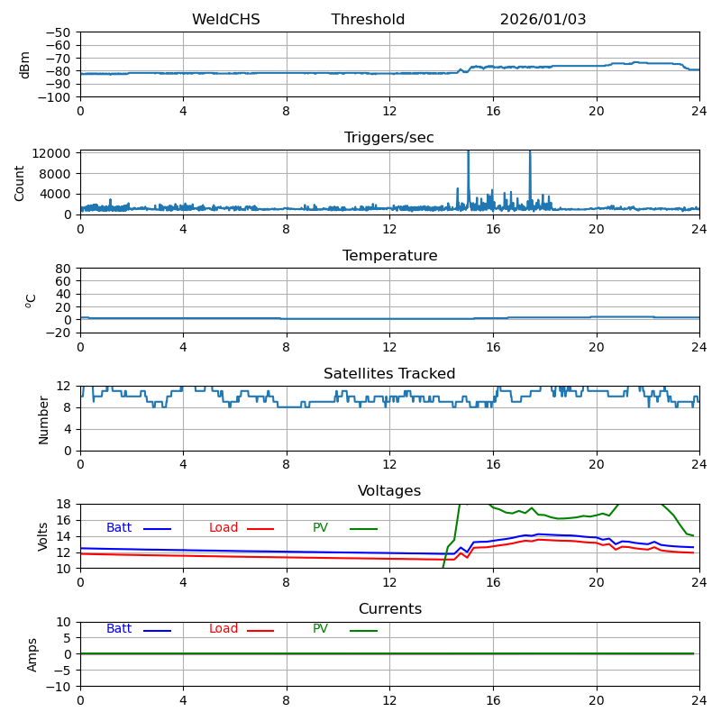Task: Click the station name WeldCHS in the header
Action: (x=225, y=20)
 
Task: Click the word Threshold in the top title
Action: (x=368, y=20)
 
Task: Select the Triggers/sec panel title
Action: (x=389, y=138)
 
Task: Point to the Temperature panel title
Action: (x=389, y=256)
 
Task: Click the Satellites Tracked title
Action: (x=389, y=374)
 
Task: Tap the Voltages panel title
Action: (x=389, y=491)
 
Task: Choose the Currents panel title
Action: (x=389, y=609)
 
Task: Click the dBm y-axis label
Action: (x=25, y=64)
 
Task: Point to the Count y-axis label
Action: (x=21, y=182)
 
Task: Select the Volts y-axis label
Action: (x=43, y=536)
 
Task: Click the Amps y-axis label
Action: (x=32, y=654)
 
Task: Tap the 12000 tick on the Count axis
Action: (x=52, y=153)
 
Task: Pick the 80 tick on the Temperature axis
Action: (x=64, y=269)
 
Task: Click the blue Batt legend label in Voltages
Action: (x=119, y=528)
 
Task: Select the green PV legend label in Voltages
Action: (x=320, y=528)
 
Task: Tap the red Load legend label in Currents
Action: (x=224, y=629)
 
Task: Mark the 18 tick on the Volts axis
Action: (x=64, y=504)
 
